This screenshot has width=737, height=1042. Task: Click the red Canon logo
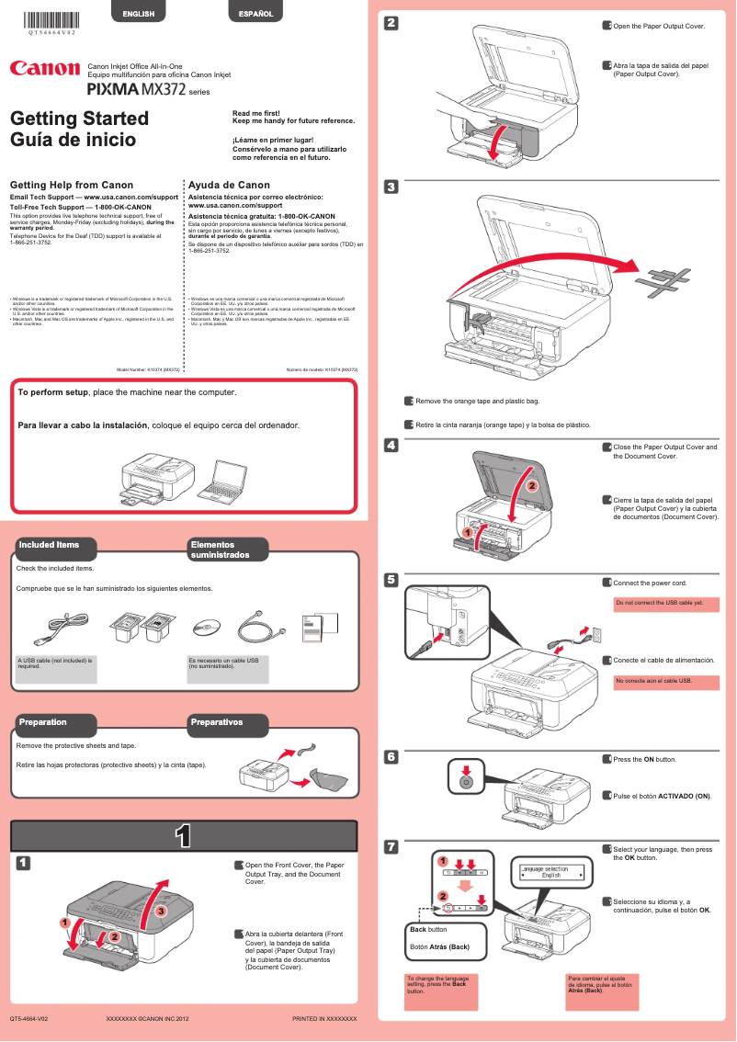click(44, 69)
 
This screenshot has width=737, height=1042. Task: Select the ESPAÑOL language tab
click(255, 14)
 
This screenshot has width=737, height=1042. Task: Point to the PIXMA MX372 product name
click(136, 90)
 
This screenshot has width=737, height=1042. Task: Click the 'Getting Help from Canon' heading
click(71, 185)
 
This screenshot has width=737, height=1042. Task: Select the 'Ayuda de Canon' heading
click(229, 185)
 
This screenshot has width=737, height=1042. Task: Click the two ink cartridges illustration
click(142, 630)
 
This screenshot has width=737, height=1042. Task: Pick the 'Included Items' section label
click(49, 545)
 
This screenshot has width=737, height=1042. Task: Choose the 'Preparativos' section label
click(216, 723)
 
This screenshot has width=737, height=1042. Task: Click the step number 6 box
click(391, 757)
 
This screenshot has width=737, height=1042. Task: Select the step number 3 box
click(391, 187)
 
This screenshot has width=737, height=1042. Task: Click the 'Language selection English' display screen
click(551, 872)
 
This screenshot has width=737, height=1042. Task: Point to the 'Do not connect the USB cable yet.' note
click(659, 603)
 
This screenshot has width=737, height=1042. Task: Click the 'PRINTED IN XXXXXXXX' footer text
click(323, 1020)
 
